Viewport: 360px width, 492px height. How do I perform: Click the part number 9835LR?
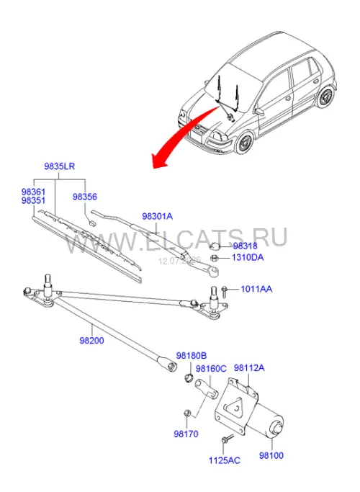pos(59,166)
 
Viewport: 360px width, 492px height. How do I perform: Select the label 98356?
pos(85,197)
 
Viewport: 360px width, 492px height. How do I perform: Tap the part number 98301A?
pos(157,216)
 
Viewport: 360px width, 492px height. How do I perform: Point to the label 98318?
pos(245,246)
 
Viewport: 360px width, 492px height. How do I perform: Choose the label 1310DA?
pos(248,257)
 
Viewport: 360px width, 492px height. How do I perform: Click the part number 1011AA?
pos(256,289)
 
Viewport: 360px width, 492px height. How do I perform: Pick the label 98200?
pos(91,340)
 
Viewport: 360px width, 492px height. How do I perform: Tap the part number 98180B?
pos(192,356)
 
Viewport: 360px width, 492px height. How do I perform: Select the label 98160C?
pos(211,368)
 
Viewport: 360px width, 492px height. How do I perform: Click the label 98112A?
pos(249,367)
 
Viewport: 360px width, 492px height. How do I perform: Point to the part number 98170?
pos(186,434)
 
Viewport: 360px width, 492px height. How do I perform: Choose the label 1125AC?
pos(225,460)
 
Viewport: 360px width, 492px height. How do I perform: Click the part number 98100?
pos(271,455)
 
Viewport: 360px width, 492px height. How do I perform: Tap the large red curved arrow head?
pos(159,160)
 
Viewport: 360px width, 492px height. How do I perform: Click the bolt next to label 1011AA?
pos(225,292)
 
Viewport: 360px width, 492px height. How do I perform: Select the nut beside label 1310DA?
pos(214,258)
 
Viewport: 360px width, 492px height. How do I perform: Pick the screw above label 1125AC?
pos(228,439)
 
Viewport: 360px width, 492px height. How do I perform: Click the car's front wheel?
pos(245,143)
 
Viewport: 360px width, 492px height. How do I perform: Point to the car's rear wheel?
pos(325,97)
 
